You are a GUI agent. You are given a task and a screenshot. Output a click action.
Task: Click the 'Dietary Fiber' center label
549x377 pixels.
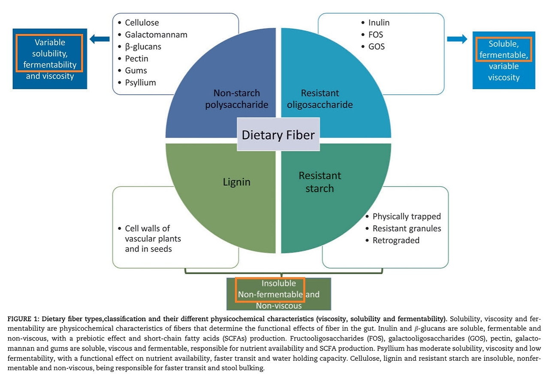(x=278, y=135)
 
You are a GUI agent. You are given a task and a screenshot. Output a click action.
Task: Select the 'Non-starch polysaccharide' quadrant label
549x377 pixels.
(x=236, y=99)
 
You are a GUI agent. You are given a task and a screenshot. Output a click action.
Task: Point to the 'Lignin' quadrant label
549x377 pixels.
(x=236, y=182)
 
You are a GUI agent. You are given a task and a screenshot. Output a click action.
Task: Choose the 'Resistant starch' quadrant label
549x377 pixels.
(x=320, y=182)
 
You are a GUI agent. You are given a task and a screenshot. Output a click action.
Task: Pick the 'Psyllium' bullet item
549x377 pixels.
(x=140, y=82)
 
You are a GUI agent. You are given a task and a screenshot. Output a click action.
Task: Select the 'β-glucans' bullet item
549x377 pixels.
(x=143, y=46)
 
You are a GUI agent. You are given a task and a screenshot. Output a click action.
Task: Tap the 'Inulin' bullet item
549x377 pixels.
(x=379, y=22)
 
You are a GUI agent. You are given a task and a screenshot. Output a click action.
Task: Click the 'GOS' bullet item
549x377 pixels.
(x=376, y=46)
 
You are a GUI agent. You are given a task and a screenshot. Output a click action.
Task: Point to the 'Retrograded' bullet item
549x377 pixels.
(x=396, y=240)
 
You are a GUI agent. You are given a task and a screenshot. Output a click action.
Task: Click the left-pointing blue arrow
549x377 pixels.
(x=100, y=39)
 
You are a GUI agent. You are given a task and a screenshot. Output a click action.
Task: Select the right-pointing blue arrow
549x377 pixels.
(x=457, y=39)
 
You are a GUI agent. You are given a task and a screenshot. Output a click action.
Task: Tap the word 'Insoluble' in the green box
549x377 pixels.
(x=279, y=284)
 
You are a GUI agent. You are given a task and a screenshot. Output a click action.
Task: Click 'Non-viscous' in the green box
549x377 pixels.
(x=279, y=306)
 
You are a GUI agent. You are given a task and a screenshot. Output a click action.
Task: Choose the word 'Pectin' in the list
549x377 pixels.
(x=136, y=58)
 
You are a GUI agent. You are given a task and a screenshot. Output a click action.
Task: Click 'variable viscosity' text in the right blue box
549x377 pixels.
(x=504, y=72)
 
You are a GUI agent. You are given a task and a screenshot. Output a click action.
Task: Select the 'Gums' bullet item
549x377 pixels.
(x=136, y=70)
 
